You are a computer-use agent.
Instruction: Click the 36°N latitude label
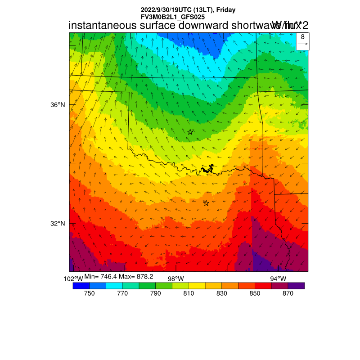[57, 105]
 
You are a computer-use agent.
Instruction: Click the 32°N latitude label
[57, 224]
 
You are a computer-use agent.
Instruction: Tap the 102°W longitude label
[73, 279]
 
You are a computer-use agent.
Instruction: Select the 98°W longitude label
[176, 279]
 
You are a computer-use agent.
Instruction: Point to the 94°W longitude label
[278, 279]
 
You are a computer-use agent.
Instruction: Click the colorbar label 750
[89, 293]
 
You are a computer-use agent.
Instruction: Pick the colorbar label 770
[122, 293]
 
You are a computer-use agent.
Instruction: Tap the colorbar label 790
[155, 293]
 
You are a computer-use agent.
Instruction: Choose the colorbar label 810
[189, 293]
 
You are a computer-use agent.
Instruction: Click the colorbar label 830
[221, 293]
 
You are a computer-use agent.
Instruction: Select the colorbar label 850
[255, 293]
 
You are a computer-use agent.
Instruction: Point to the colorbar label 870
[288, 293]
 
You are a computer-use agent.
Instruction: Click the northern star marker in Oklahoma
[190, 132]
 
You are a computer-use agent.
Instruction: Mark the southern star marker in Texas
[206, 203]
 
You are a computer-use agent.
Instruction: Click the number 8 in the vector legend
[303, 37]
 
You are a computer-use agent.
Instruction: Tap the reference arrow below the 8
[303, 44]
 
